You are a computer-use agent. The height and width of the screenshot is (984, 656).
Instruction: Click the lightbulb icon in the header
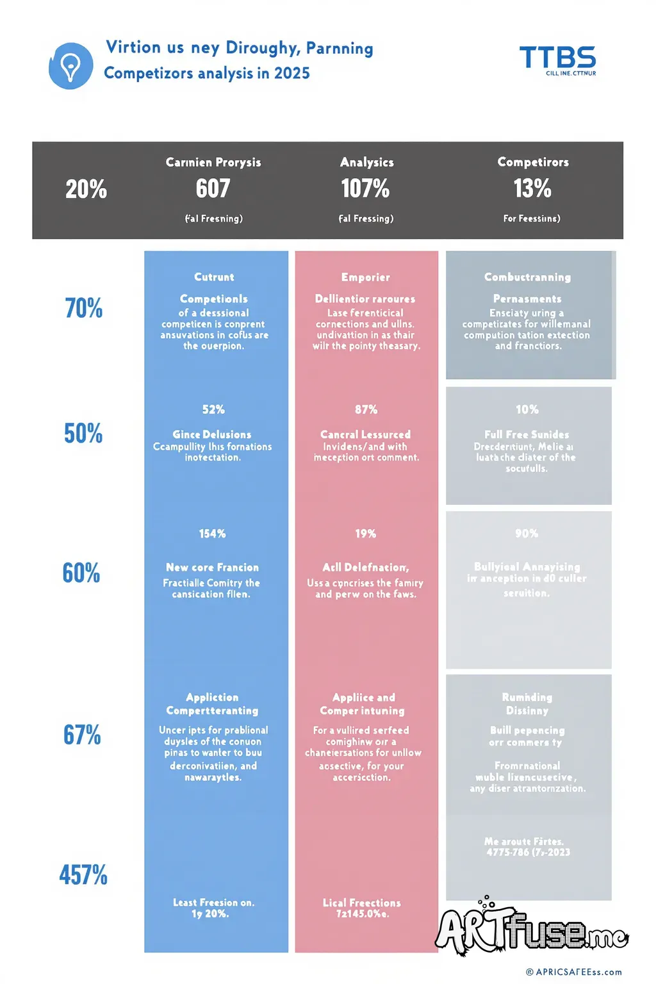click(70, 66)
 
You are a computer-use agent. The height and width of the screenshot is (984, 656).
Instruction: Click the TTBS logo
click(557, 58)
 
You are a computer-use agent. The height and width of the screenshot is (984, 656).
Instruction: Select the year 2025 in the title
click(292, 73)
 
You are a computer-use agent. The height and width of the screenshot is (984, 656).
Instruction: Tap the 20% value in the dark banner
click(86, 189)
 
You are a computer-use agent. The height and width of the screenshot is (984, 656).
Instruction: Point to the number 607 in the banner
click(213, 188)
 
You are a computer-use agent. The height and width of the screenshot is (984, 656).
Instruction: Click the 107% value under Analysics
click(365, 188)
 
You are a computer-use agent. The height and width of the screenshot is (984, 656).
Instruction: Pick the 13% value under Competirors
click(532, 188)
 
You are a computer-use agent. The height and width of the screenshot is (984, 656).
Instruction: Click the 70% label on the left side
click(83, 308)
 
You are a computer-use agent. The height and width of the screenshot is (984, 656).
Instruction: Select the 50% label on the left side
click(83, 434)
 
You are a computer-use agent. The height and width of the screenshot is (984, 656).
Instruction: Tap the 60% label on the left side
click(81, 573)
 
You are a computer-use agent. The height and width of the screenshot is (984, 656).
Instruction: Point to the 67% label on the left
click(82, 735)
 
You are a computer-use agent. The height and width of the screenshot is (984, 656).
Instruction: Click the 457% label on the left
click(83, 874)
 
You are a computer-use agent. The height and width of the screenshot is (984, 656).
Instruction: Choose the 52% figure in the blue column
click(213, 409)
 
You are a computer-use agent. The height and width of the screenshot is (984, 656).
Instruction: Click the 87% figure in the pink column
click(366, 409)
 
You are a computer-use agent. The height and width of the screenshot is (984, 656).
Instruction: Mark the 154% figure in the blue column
click(213, 534)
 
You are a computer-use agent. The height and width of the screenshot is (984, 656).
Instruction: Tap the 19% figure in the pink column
click(366, 534)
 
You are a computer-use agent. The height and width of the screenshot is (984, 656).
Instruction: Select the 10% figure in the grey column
click(527, 409)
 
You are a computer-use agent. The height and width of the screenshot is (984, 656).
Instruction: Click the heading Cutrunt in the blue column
click(214, 277)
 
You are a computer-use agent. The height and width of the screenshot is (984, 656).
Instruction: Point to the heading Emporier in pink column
click(366, 277)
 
